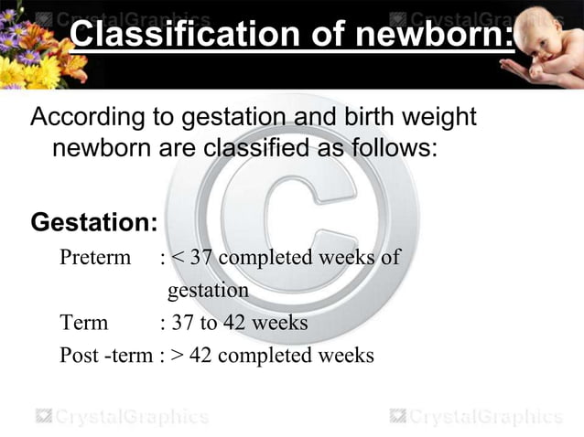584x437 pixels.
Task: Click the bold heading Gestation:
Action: click(x=95, y=222)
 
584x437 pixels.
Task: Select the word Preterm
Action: click(x=95, y=257)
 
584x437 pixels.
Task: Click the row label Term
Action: click(x=83, y=323)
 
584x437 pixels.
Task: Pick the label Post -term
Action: click(x=105, y=355)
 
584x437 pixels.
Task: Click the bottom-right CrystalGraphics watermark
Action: click(x=475, y=417)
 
